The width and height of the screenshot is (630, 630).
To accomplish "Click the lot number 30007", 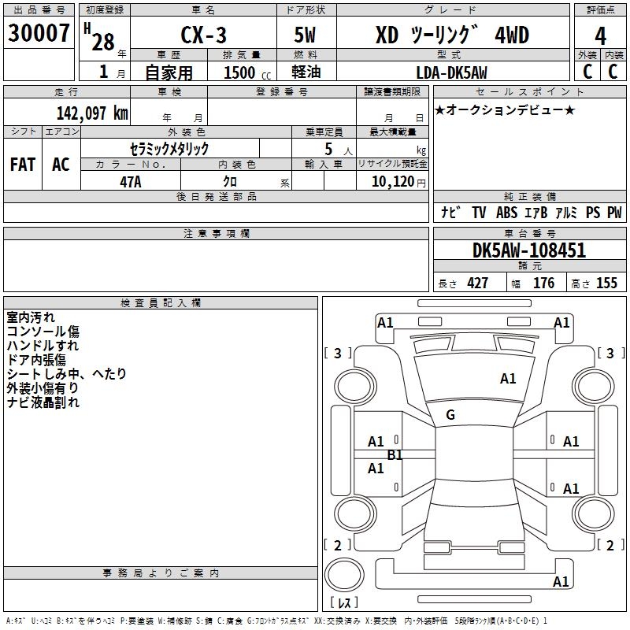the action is click(x=39, y=34).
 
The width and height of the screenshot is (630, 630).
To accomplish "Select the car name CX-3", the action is click(x=202, y=35).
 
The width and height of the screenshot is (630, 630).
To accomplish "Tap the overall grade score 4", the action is click(x=600, y=36).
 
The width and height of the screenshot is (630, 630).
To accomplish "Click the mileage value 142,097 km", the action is click(x=92, y=113).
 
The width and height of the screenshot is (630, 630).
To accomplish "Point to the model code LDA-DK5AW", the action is click(x=451, y=72).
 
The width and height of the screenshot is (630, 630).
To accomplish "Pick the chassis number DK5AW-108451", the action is click(x=529, y=251).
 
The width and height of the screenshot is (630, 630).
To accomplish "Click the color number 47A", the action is click(x=131, y=181).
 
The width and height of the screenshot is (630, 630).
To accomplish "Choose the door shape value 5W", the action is click(x=305, y=35).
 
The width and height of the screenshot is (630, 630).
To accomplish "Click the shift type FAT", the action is click(x=23, y=164).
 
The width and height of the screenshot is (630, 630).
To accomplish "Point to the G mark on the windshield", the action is click(x=450, y=415).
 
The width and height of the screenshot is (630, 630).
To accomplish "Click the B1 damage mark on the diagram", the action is click(x=395, y=455).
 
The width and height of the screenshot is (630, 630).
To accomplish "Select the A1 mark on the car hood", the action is click(x=508, y=379).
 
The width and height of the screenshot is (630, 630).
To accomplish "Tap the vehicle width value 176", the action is click(x=543, y=283).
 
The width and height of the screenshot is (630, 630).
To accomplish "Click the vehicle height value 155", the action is click(x=606, y=283).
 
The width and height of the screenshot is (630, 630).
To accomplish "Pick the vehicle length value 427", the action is click(x=477, y=283).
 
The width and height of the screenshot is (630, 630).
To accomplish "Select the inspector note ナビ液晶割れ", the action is click(x=43, y=402).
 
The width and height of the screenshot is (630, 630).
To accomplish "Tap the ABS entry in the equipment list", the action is click(x=506, y=213).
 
